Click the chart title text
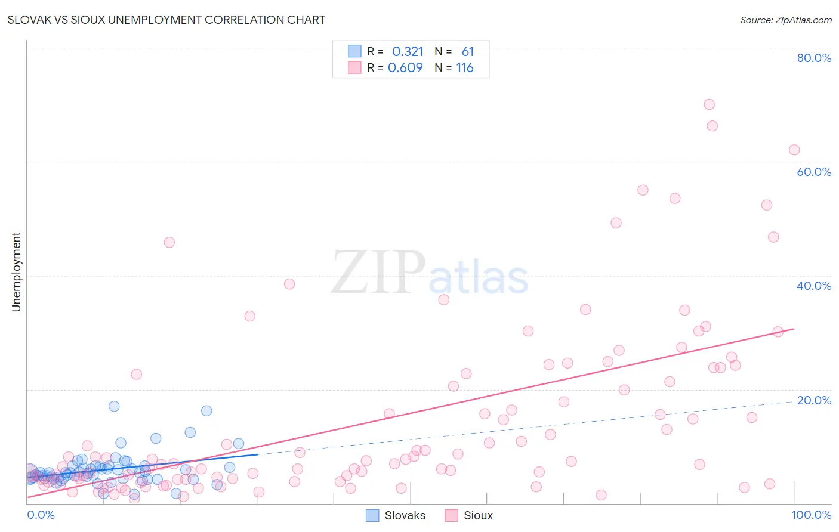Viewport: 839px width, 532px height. tap(166, 20)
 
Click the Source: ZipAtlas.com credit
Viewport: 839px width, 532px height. tap(785, 20)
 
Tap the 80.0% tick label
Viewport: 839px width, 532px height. tap(814, 58)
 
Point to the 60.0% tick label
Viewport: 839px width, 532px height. tap(814, 172)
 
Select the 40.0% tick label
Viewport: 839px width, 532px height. tap(814, 286)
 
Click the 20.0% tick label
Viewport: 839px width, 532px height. tap(814, 400)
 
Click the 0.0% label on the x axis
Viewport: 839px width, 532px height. tap(41, 515)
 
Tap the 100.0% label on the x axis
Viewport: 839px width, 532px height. tap(811, 515)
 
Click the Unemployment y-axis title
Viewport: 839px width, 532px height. tap(16, 272)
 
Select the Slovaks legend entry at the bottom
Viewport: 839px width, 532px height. tap(396, 515)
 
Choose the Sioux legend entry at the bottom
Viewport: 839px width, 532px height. tap(470, 515)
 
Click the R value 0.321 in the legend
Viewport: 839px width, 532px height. tap(408, 51)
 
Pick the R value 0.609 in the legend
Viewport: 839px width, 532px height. tap(406, 67)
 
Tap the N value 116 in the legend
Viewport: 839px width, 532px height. tap(465, 67)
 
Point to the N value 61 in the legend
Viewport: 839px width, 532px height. tap(467, 51)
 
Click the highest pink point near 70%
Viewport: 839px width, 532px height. tap(709, 104)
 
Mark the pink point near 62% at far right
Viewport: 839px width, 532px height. tap(794, 150)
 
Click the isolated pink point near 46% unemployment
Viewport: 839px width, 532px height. tap(169, 242)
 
